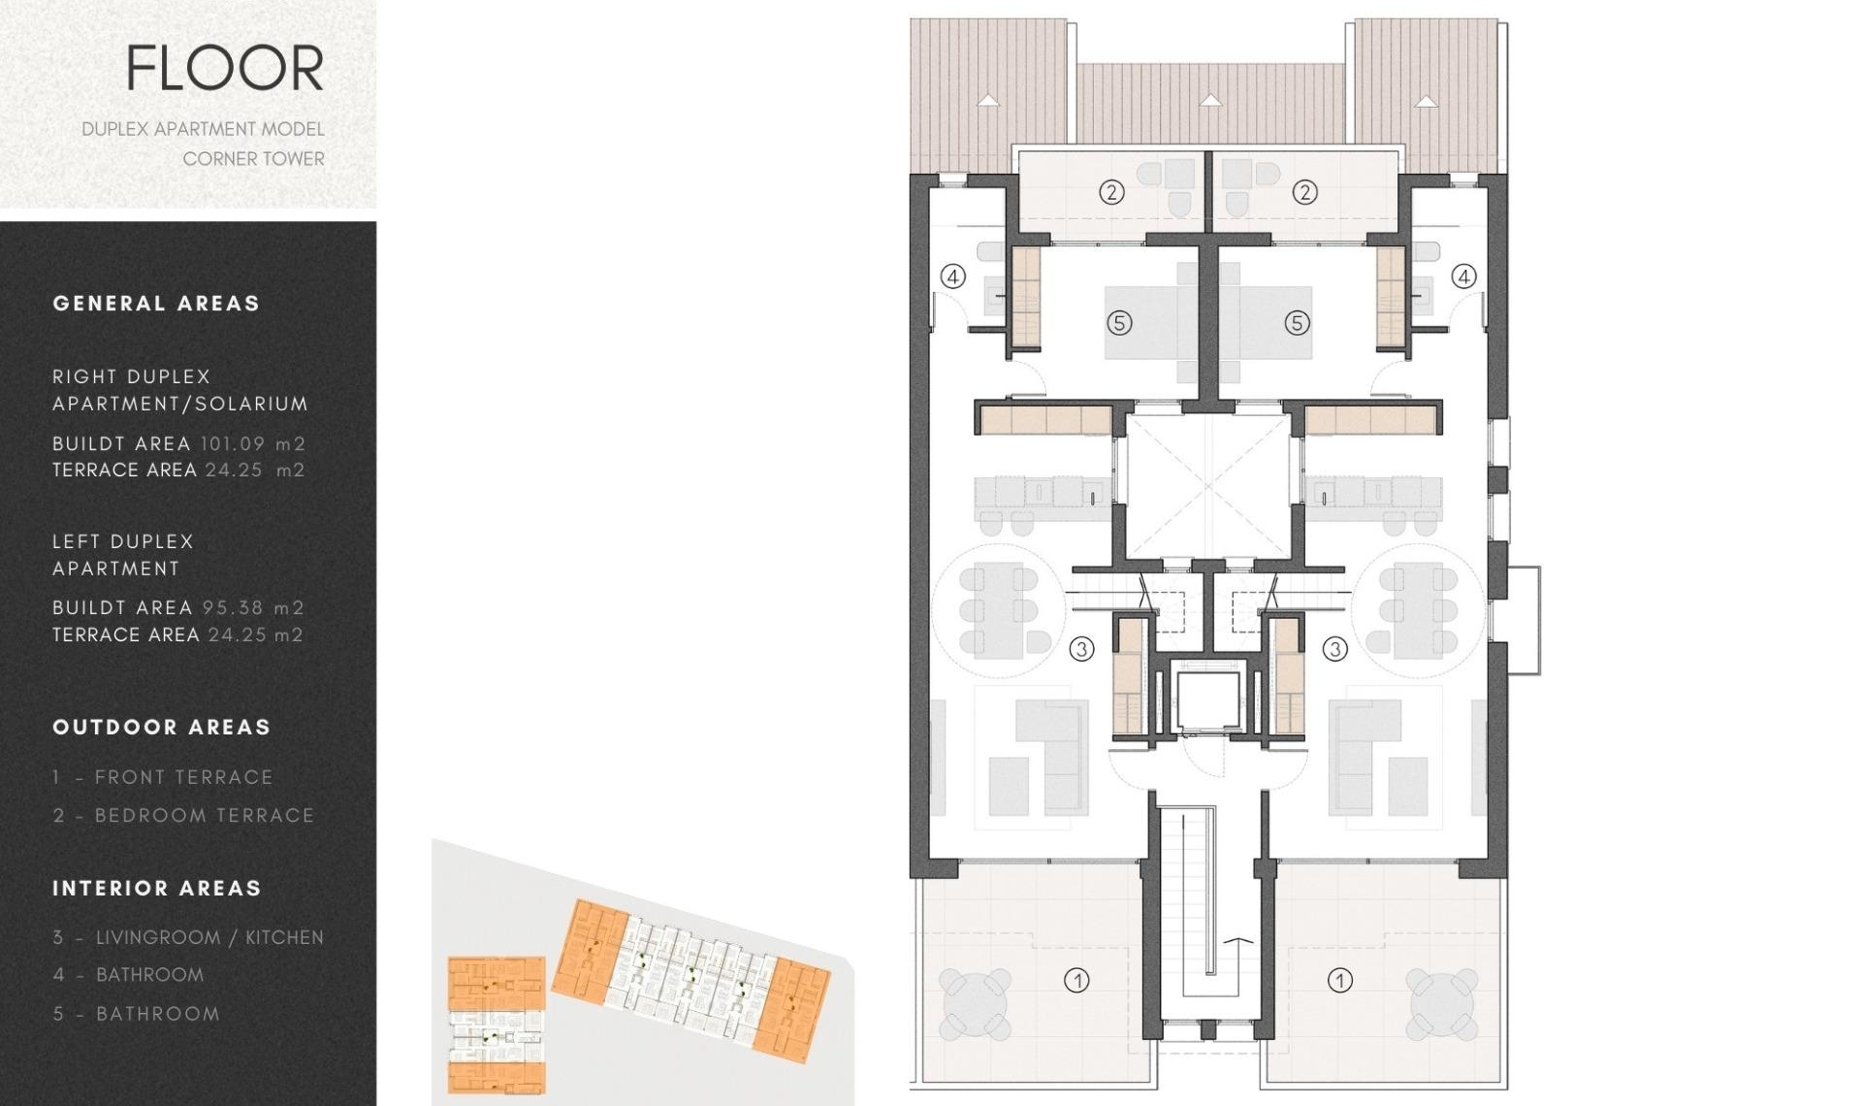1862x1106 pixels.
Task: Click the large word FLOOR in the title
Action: click(x=225, y=68)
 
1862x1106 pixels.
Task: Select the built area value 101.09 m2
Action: click(x=253, y=443)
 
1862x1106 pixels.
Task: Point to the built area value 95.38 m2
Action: click(x=253, y=607)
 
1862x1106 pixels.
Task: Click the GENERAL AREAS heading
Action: click(x=156, y=304)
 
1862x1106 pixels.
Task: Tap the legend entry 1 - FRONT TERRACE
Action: click(x=163, y=777)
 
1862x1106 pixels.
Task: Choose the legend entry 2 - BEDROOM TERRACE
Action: click(x=183, y=816)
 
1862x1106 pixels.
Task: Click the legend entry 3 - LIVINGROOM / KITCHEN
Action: click(x=188, y=937)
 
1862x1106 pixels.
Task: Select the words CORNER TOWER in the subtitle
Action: click(x=253, y=158)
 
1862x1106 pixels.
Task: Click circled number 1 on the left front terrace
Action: click(x=1076, y=981)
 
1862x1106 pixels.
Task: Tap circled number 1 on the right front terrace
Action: click(x=1340, y=981)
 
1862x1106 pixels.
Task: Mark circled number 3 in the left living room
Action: click(x=1081, y=649)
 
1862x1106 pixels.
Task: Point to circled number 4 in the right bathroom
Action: click(x=1463, y=276)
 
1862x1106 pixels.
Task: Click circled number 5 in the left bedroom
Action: click(x=1119, y=323)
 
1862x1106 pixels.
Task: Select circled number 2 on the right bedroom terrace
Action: click(x=1304, y=192)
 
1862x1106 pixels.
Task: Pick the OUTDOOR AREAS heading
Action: click(x=161, y=728)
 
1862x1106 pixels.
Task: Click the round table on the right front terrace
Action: click(x=1441, y=1000)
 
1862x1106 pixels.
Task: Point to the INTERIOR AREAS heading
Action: click(x=157, y=889)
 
